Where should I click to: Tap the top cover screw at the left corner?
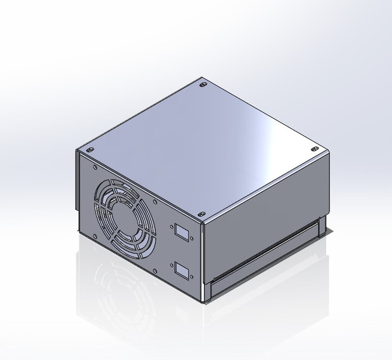coord(89,151)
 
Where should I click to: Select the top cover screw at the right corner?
coord(313,149)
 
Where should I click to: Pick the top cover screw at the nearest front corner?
coord(201,215)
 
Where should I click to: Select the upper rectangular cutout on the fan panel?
coord(181,231)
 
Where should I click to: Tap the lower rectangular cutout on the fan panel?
coord(181,271)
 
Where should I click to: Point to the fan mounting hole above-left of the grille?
coord(96,168)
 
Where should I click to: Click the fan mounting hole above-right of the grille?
coord(154,199)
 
